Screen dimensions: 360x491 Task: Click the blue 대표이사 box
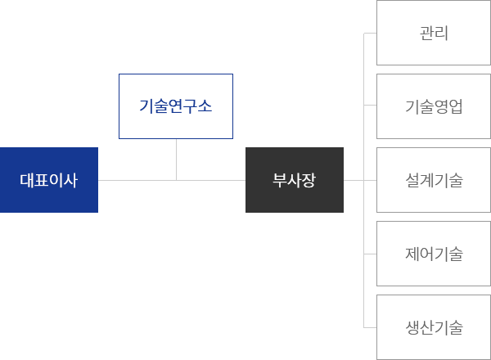click(x=49, y=180)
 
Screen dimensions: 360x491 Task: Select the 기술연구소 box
click(x=176, y=106)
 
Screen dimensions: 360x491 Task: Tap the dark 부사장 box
click(x=295, y=180)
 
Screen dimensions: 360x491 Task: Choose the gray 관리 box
click(x=433, y=34)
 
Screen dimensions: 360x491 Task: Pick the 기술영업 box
click(x=433, y=106)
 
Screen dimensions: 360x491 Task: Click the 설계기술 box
click(x=433, y=180)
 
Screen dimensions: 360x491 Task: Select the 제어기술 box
click(x=433, y=254)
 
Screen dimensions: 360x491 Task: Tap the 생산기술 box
click(x=433, y=327)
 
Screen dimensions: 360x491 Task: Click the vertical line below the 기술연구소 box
click(x=176, y=159)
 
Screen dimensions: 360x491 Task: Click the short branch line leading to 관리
click(x=369, y=34)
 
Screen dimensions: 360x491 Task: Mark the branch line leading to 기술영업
click(x=369, y=106)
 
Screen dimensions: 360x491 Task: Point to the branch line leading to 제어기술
click(x=369, y=254)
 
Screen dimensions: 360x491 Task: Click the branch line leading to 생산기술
click(x=369, y=327)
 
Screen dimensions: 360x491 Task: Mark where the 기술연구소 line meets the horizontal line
click(x=176, y=180)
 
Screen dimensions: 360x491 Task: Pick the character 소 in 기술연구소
click(x=203, y=106)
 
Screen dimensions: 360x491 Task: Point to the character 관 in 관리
click(x=426, y=34)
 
